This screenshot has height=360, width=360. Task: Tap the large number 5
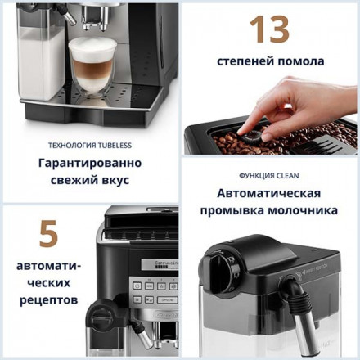48,234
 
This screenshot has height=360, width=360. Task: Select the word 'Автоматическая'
268,194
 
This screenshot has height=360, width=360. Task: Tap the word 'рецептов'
48,299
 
